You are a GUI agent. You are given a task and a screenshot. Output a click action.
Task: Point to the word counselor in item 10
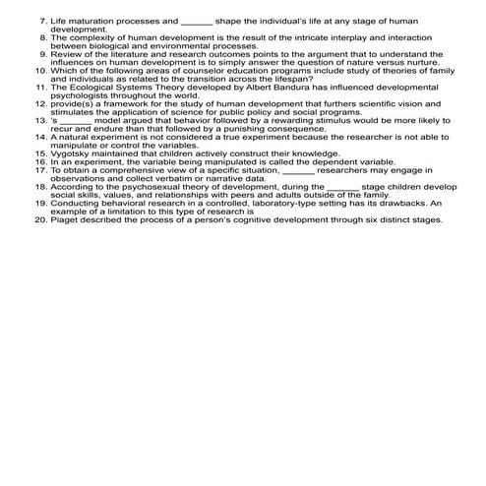click(209, 71)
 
